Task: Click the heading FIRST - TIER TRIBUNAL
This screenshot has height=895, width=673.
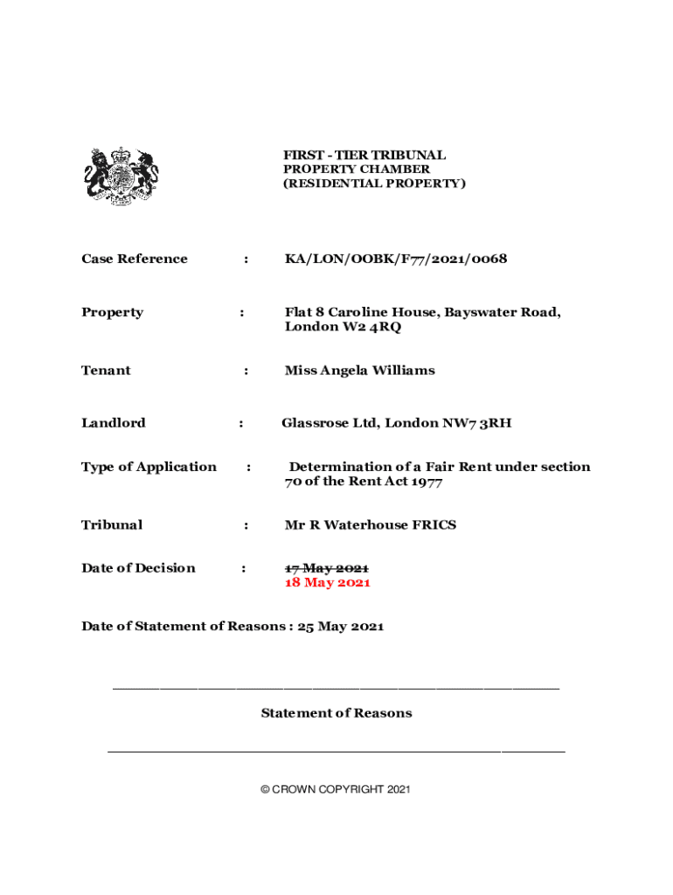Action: [364, 155]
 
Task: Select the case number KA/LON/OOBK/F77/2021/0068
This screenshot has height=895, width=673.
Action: [395, 259]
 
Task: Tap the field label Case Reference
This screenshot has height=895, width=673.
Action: [134, 259]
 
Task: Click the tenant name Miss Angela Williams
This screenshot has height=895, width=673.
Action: [359, 371]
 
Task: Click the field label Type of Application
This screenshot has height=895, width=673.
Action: [149, 467]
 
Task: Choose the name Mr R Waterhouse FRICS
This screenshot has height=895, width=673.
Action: [370, 525]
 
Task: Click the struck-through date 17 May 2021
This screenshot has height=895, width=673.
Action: [327, 568]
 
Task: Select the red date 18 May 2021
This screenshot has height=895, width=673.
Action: [327, 583]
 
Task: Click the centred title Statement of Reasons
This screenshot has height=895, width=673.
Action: [336, 713]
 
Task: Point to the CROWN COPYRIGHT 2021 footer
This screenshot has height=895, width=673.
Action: [336, 790]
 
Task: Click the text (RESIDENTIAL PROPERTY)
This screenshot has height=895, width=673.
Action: [375, 184]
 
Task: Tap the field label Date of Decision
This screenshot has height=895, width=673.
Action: [138, 568]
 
